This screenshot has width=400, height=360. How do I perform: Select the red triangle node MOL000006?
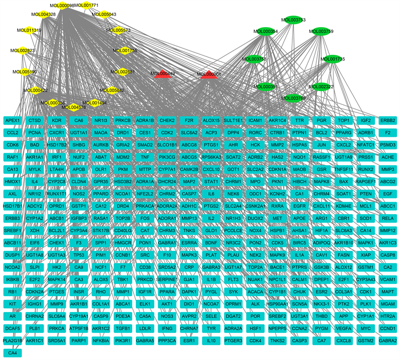(x=209, y=76)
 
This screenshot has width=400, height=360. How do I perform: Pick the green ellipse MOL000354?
(x=265, y=31)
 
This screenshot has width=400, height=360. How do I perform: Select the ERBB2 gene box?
(x=388, y=121)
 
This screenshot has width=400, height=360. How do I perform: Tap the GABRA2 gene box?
(x=388, y=340)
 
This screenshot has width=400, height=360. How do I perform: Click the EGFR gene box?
(x=300, y=204)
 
